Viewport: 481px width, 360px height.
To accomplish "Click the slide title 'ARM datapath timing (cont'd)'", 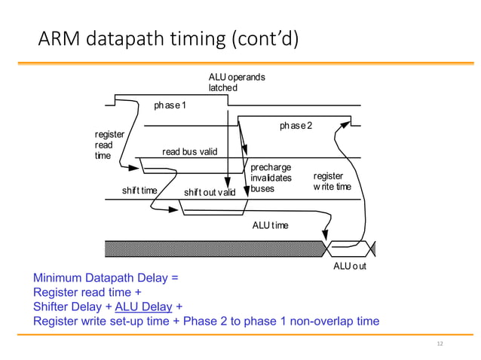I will tap(168, 38).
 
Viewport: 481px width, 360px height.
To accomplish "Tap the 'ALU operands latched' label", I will tap(236, 83).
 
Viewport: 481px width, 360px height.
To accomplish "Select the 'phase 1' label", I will tap(170, 105).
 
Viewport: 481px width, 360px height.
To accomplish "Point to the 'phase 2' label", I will tap(296, 125).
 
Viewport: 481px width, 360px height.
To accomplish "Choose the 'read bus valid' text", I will tap(189, 152).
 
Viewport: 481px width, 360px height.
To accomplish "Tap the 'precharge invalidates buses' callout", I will tap(271, 178).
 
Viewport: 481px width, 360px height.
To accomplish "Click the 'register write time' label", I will tap(332, 181).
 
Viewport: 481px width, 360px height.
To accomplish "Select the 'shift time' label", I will tap(139, 191).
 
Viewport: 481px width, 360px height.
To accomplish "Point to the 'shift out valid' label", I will tap(210, 193).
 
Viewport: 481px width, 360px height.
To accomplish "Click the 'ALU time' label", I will tap(270, 225).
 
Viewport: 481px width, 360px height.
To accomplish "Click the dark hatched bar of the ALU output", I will tap(211, 249).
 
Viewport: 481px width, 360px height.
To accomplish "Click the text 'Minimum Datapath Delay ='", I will tap(106, 278).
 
